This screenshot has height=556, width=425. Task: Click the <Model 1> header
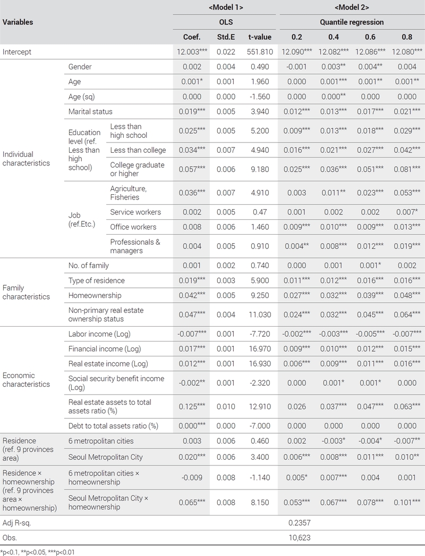point(226,7)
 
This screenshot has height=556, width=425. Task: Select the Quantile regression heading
point(352,22)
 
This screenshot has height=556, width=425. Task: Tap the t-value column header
point(260,37)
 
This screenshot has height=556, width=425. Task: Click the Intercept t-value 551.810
point(260,52)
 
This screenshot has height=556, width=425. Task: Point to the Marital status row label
point(90,111)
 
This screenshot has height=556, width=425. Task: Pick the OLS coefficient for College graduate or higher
point(192,169)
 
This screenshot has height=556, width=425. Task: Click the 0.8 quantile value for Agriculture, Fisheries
point(407,193)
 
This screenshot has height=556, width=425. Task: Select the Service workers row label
point(135,212)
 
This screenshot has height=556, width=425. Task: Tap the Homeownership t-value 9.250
point(260,295)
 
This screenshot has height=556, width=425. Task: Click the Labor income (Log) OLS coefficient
point(192,334)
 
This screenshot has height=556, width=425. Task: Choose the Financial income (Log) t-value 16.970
point(260,348)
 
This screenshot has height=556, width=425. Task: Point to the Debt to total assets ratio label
point(113,426)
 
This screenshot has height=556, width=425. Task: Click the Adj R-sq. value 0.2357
point(300,522)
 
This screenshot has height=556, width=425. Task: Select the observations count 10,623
point(300,537)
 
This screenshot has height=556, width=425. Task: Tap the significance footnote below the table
point(38,552)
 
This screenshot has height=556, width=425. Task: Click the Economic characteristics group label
point(26,380)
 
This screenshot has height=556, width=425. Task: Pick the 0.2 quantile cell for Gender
point(297,67)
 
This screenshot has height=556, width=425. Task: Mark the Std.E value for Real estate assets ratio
point(226,406)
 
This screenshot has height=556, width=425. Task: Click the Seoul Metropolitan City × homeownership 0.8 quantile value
point(407,502)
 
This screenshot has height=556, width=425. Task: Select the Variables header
point(18,22)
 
